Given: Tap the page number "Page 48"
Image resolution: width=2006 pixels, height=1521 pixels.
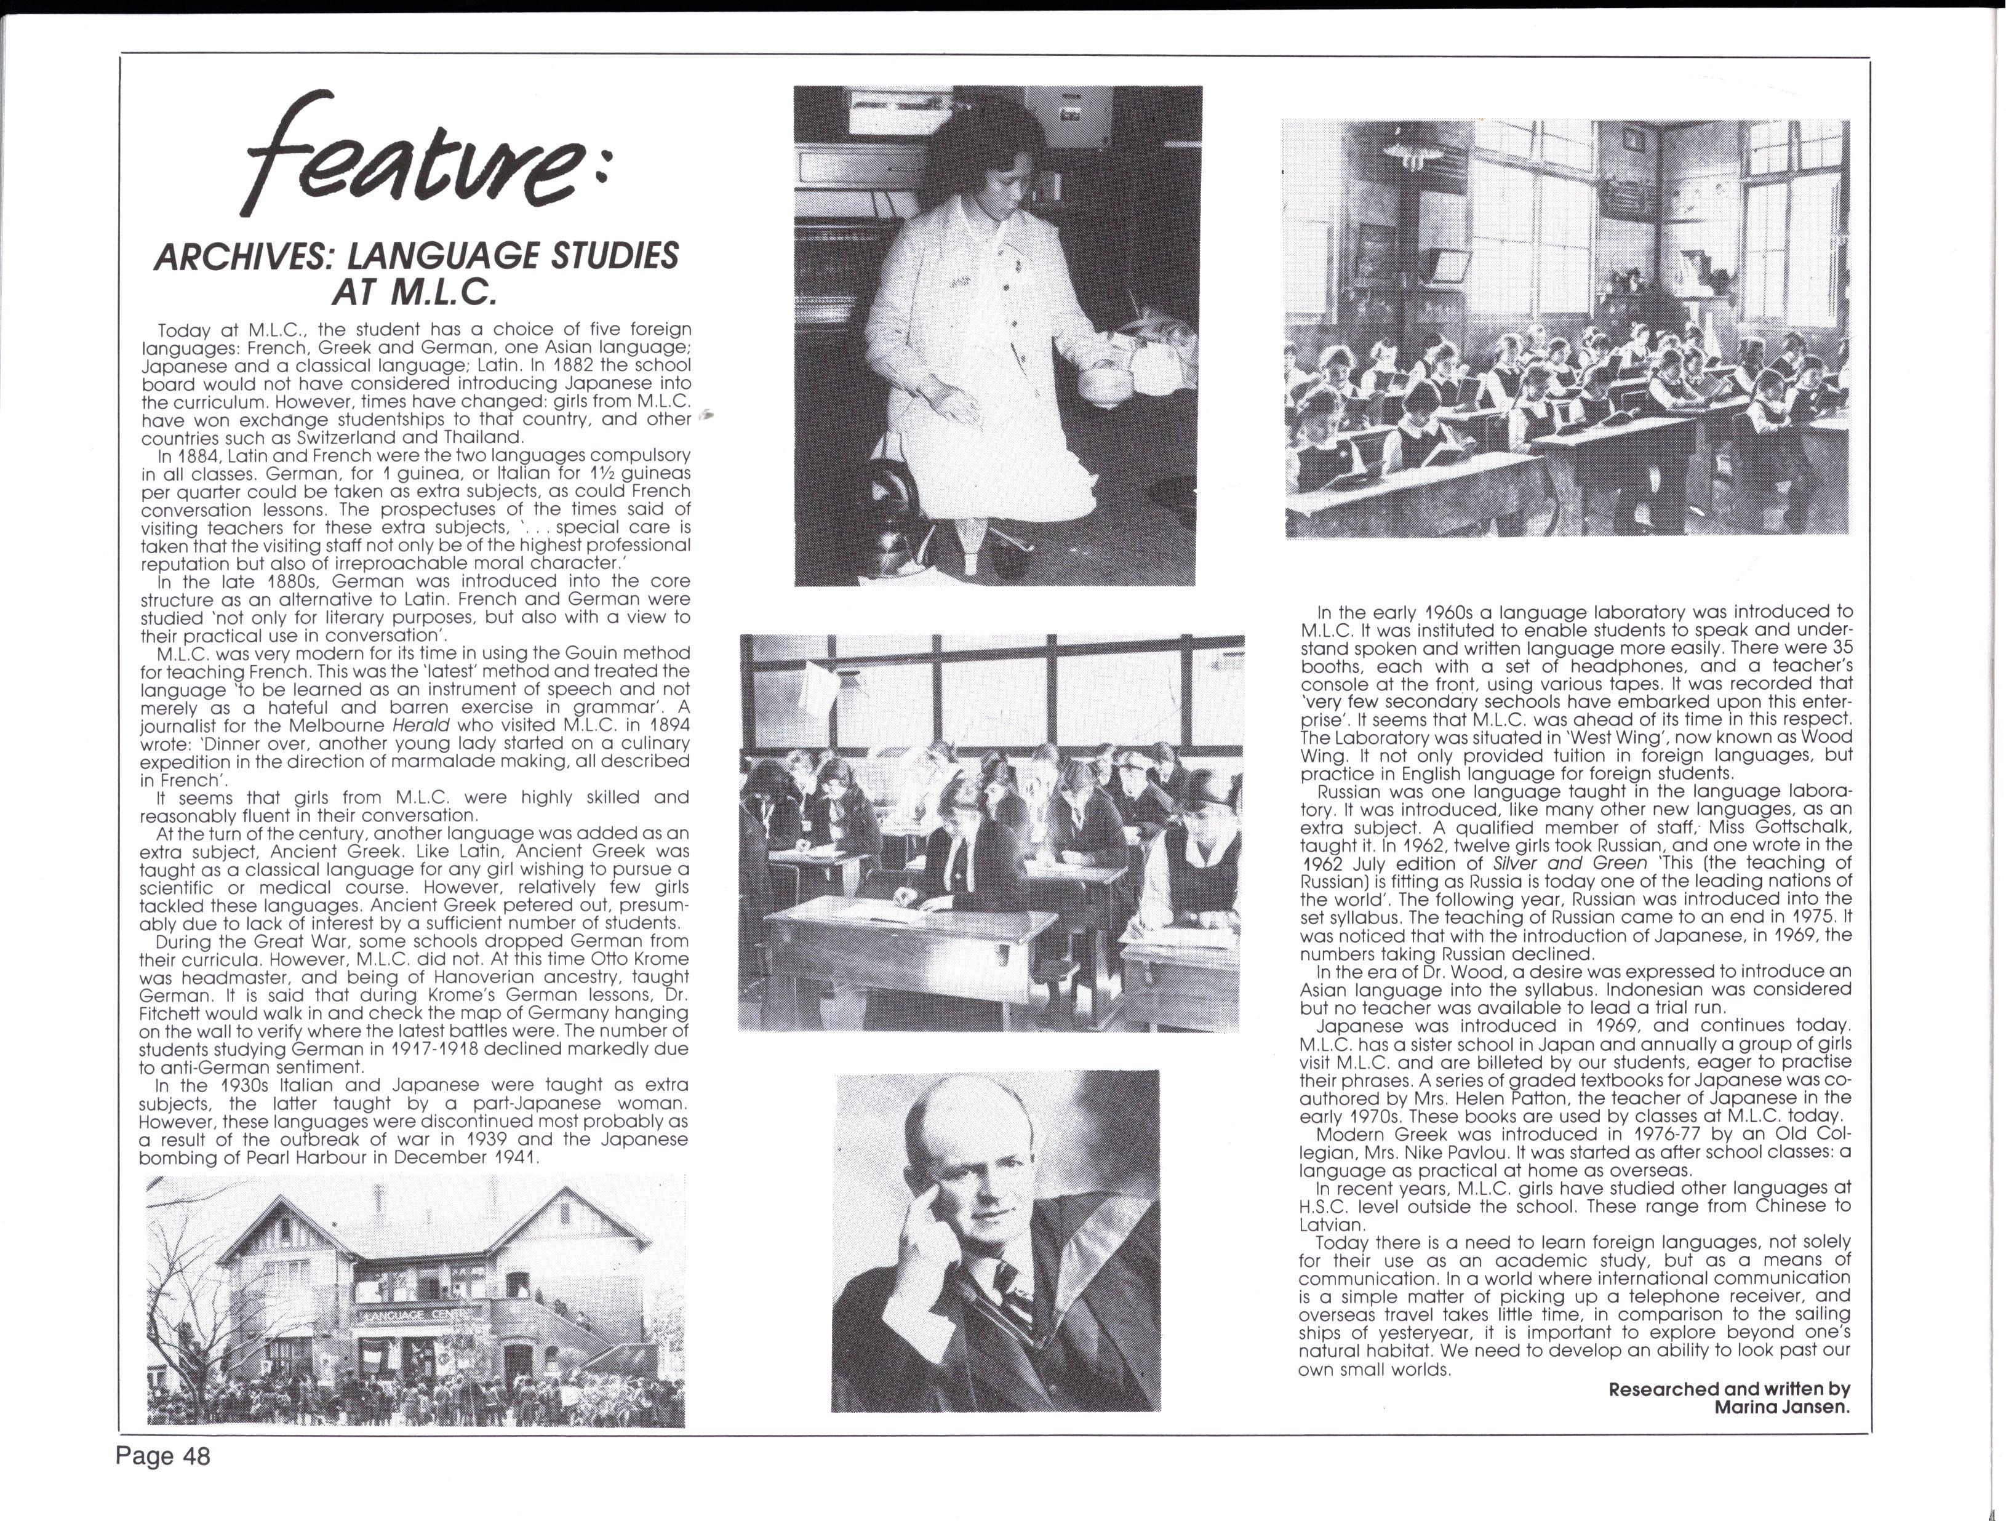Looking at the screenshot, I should (x=162, y=1456).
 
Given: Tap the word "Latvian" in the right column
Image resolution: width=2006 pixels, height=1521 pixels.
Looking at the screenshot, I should (x=1332, y=1224).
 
